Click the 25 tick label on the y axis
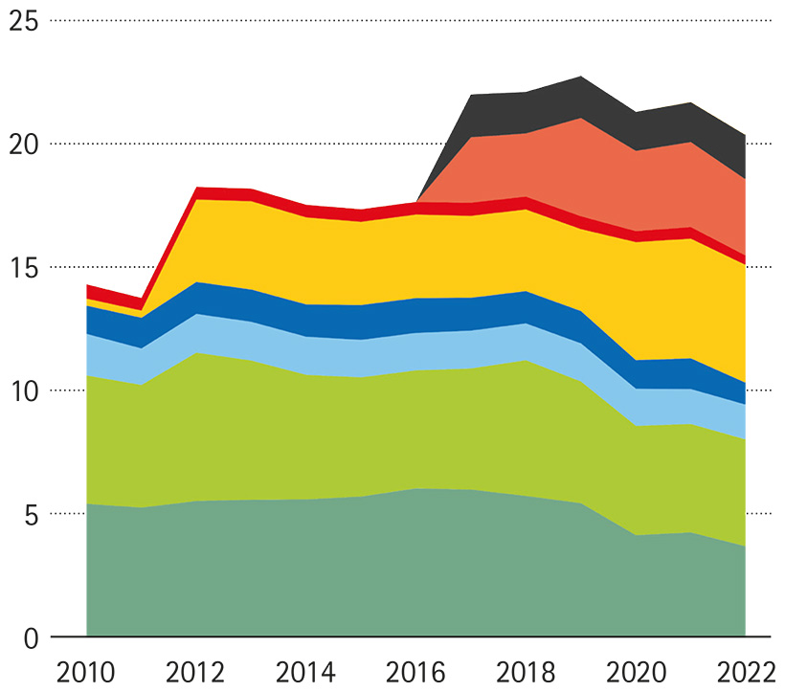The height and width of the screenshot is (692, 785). (x=24, y=20)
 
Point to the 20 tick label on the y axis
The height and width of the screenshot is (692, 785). (x=24, y=144)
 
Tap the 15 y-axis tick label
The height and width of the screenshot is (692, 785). (x=24, y=267)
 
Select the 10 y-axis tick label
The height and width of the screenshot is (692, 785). (x=24, y=391)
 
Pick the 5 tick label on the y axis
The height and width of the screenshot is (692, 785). (x=32, y=514)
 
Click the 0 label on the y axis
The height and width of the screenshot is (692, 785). (x=32, y=636)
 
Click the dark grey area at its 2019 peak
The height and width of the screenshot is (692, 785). (x=581, y=97)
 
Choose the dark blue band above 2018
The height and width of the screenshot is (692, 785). (x=526, y=307)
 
